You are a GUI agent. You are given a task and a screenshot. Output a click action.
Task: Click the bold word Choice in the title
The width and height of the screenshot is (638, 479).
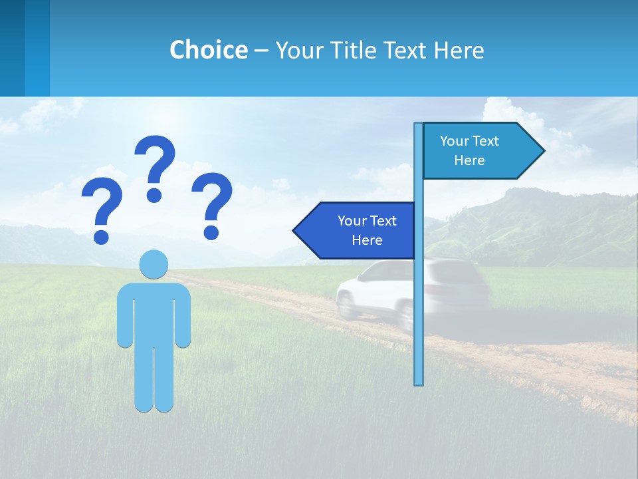(x=208, y=50)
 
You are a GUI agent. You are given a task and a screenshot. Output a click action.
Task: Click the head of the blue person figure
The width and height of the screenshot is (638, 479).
(x=154, y=264)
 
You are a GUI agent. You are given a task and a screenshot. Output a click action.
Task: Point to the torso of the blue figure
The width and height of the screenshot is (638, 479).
(x=154, y=313)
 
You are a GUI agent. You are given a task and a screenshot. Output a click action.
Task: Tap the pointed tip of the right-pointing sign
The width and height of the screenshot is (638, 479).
(x=543, y=151)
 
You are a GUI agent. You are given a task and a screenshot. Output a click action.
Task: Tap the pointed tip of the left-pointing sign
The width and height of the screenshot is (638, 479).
(x=294, y=230)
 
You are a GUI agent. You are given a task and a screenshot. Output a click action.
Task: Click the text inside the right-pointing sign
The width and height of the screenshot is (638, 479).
(x=469, y=150)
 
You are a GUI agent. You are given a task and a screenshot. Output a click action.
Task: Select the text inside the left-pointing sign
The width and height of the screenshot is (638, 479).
(x=367, y=230)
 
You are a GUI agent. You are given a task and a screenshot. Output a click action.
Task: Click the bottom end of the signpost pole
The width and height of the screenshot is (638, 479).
(x=419, y=383)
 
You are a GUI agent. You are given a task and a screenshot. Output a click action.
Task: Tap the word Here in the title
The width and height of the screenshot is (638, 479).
(x=459, y=50)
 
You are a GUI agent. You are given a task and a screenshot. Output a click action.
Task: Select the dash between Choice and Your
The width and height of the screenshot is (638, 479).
(x=261, y=51)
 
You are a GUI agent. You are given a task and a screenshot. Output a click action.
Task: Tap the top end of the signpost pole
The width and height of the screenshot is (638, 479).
(x=419, y=125)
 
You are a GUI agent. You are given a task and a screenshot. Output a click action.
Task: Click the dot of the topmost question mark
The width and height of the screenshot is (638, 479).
(x=154, y=195)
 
